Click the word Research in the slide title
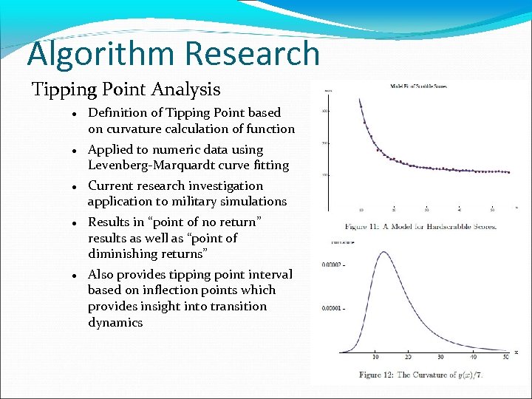(253, 55)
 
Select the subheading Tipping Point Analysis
(126, 90)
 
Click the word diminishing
(123, 253)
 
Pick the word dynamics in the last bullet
(115, 322)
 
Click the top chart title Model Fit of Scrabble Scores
(418, 86)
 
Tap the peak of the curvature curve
(383, 253)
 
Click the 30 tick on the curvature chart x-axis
(440, 358)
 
